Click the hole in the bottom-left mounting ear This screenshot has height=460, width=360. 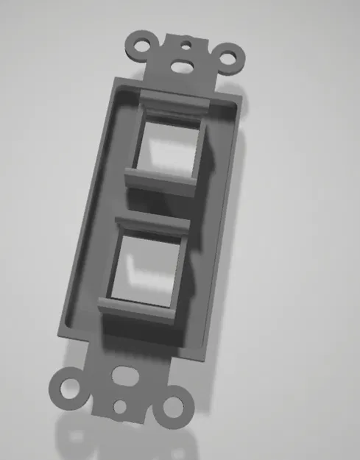point(68,386)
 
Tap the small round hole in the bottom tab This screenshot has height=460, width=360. point(121,405)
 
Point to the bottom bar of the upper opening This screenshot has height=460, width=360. point(159,180)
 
